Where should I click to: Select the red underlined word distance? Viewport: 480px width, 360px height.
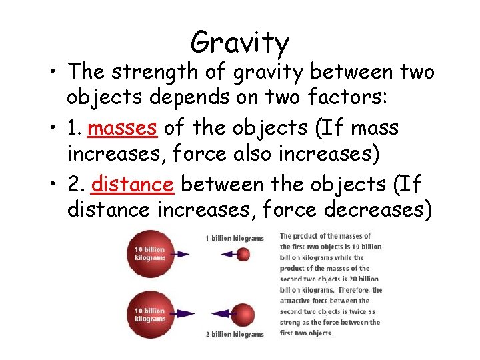[x=133, y=183]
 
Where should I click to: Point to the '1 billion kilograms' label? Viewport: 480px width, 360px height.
[x=234, y=238]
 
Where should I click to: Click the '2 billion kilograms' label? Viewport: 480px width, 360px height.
[x=234, y=333]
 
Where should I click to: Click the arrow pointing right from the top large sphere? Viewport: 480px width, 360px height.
[x=178, y=254]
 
